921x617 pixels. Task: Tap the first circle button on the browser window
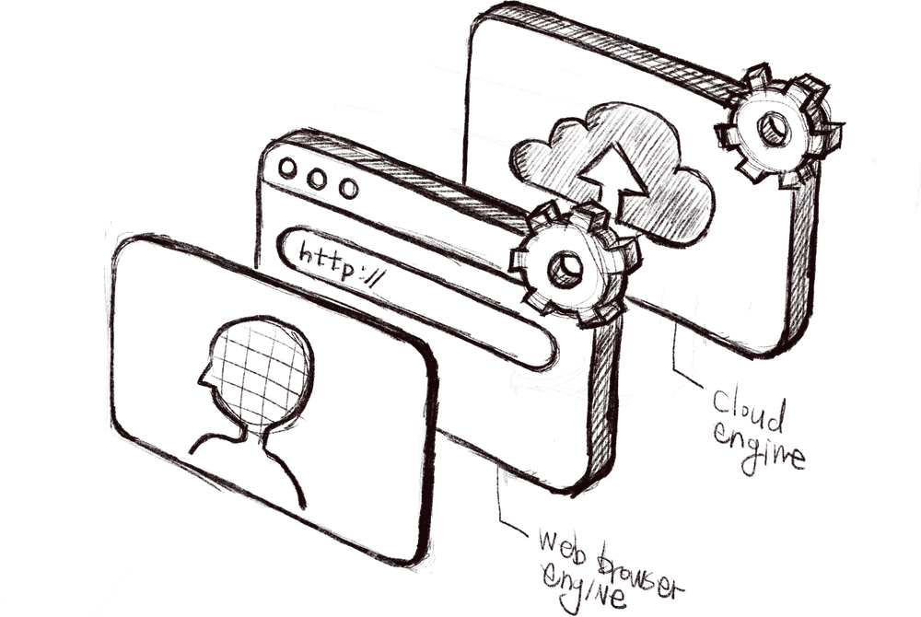point(287,168)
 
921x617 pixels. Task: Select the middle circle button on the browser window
point(317,179)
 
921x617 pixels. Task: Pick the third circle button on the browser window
point(349,189)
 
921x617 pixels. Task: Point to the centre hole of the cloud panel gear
point(774,128)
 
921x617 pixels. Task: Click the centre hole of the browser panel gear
point(565,270)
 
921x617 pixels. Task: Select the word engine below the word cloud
point(758,449)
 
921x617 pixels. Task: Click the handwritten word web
point(563,546)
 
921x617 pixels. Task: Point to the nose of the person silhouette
point(202,379)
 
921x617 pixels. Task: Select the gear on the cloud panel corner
point(777,126)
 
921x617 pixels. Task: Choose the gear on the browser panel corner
point(573,264)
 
